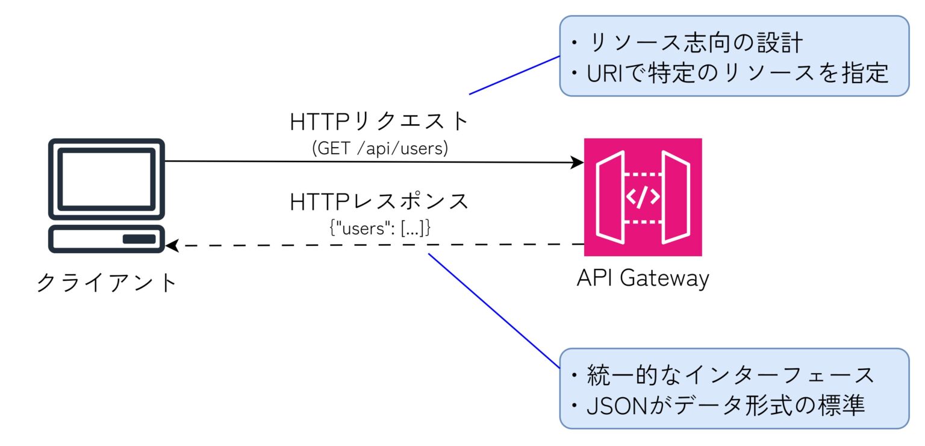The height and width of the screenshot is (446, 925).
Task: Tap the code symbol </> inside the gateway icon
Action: [643, 197]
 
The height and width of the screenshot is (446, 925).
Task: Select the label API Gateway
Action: [643, 278]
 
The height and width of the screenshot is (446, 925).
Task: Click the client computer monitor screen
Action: [106, 179]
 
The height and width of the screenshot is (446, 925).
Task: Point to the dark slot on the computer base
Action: [139, 239]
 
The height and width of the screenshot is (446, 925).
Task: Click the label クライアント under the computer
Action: [107, 282]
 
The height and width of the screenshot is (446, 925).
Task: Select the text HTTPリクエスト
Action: [379, 122]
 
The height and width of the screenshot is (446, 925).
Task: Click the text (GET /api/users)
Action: [379, 148]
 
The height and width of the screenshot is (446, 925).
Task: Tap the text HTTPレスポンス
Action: [379, 202]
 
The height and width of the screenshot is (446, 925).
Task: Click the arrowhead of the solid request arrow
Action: [578, 162]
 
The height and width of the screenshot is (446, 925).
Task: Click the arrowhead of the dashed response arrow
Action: [172, 246]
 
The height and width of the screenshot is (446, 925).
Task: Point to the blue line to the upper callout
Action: [515, 75]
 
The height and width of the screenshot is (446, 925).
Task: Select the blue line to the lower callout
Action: [494, 310]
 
